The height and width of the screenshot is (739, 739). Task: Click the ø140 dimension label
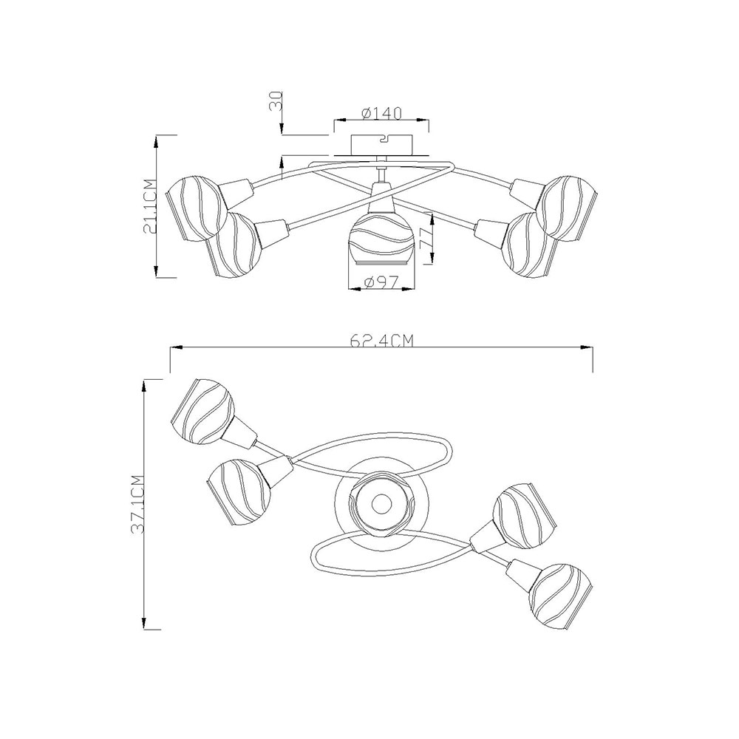point(381,114)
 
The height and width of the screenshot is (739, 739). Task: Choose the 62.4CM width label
point(381,340)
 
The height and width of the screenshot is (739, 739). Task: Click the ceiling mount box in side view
point(382,145)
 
